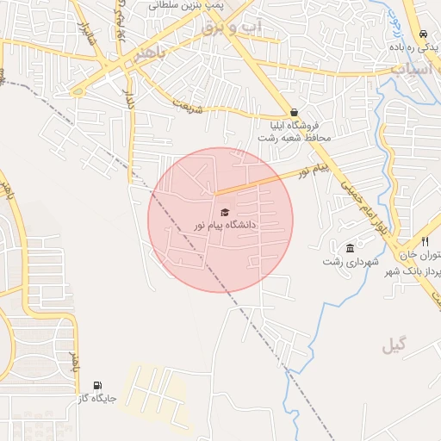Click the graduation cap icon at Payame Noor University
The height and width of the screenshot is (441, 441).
[225, 212]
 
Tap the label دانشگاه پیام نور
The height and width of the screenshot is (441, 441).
[225, 225]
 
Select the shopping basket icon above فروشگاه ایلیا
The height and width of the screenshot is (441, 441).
[295, 112]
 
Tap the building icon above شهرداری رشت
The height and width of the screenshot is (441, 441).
[349, 248]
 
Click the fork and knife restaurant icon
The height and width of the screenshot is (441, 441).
[425, 242]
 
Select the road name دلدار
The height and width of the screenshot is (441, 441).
[130, 101]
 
